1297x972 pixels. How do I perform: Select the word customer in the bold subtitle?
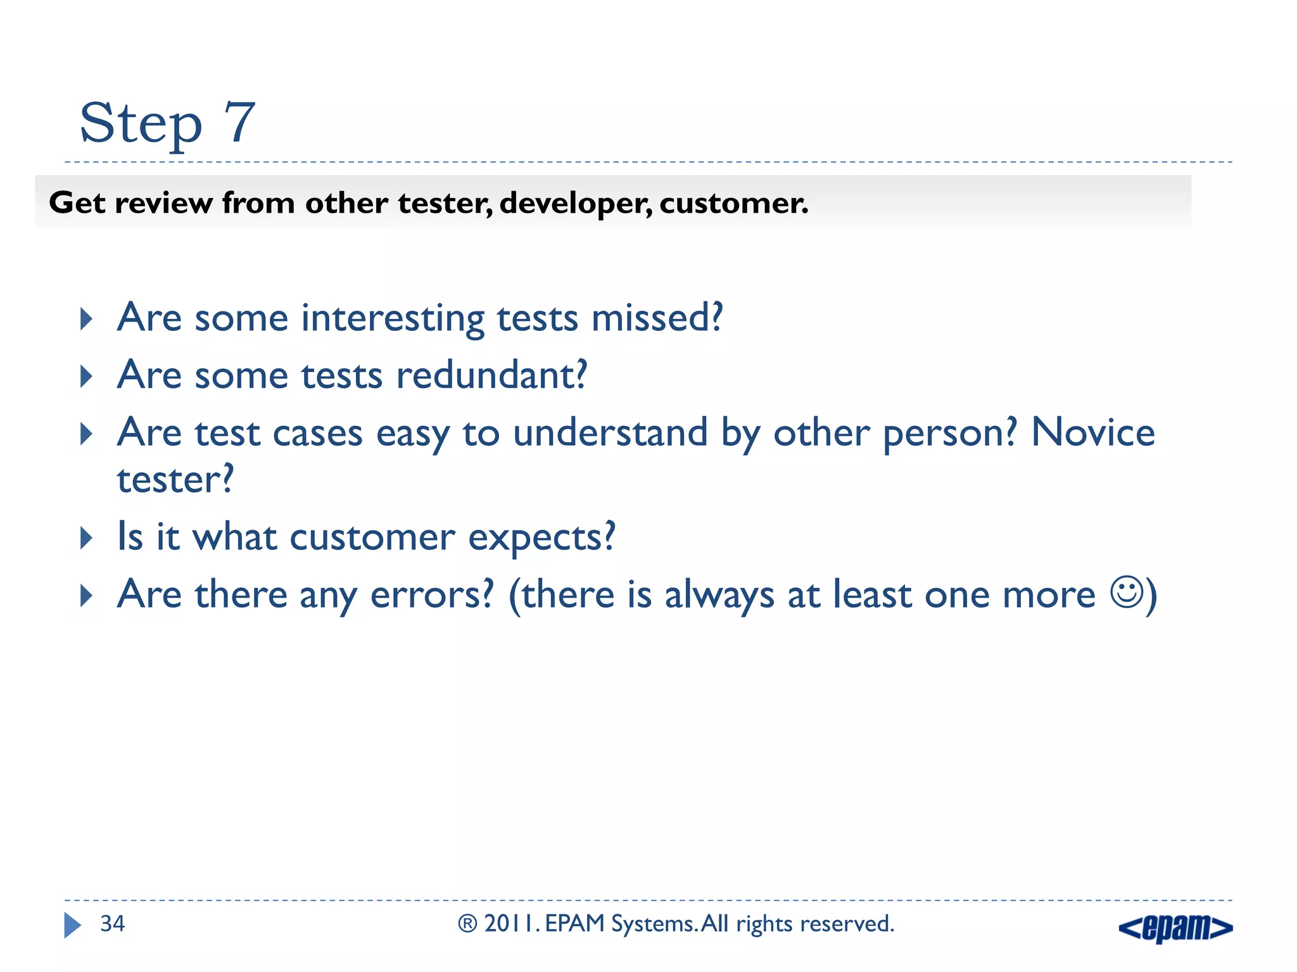click(x=733, y=203)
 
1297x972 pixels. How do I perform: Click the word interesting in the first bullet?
click(x=392, y=318)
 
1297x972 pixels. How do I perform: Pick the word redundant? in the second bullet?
click(x=491, y=375)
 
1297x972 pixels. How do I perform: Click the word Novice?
click(x=1093, y=433)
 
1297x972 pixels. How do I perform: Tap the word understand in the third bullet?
click(x=610, y=433)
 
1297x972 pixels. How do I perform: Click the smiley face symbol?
click(x=1127, y=592)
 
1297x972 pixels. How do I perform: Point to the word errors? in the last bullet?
click(x=431, y=595)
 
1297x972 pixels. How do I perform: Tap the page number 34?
click(x=113, y=924)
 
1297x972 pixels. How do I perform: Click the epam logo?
click(x=1175, y=928)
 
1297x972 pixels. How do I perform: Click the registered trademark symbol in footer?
click(x=467, y=925)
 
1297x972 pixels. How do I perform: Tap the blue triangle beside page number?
click(x=72, y=925)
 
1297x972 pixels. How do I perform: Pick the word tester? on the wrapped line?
click(x=175, y=480)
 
